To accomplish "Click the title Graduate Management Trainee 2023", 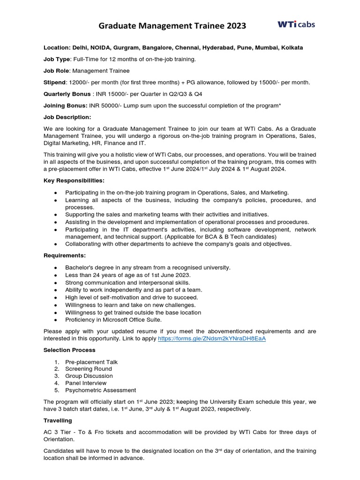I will (172, 26).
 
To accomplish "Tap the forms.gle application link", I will (212, 338).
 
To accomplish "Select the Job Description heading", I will (67, 117).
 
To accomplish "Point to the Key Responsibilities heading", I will (74, 180).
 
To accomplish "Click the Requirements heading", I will (65, 255).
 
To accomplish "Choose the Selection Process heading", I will (69, 350).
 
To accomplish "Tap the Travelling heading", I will (58, 421).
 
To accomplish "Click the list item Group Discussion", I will (89, 376).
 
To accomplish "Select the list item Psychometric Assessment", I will (100, 390).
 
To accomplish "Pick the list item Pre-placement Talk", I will (91, 362).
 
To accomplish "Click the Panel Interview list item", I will (86, 383).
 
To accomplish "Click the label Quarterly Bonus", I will (67, 94).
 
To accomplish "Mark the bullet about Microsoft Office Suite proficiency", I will (113, 320).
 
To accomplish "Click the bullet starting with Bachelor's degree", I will (148, 267).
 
